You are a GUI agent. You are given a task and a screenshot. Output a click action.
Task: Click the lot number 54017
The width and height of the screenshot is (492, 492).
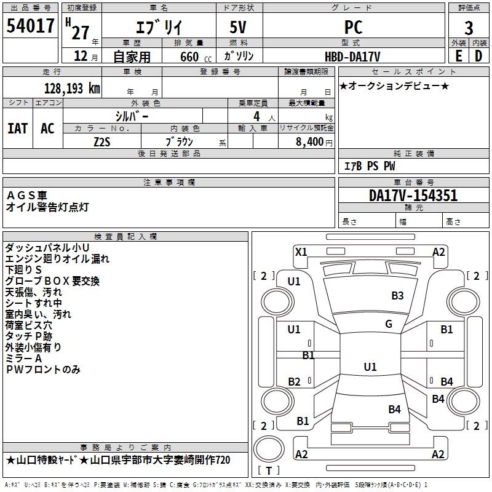coord(30,26)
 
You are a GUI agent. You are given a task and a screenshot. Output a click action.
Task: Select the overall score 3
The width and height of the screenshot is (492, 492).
coord(469,28)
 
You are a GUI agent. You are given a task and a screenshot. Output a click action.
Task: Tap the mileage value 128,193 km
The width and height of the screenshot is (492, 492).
coord(72,89)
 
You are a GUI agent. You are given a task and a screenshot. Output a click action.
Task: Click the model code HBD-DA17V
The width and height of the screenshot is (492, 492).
coord(352,57)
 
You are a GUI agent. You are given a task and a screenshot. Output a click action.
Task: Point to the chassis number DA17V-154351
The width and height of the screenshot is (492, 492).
coord(413,196)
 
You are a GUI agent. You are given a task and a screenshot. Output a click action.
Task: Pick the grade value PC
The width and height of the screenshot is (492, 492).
coord(353,27)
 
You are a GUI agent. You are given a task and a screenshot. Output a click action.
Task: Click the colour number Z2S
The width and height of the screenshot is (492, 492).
coord(102,142)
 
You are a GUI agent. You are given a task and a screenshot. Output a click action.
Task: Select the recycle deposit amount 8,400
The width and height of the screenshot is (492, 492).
coord(310,142)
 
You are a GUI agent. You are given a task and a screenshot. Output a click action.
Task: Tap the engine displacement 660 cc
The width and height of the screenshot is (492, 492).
coord(196,57)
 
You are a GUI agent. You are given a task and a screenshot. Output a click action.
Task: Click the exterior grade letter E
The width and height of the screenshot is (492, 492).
coord(458,56)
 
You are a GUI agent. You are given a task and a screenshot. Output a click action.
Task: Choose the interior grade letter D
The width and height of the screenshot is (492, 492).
coord(478,56)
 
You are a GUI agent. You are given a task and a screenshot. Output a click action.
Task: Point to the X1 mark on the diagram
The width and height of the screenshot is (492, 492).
coord(301,252)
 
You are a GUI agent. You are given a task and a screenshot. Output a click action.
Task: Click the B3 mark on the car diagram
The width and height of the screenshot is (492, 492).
coord(397,296)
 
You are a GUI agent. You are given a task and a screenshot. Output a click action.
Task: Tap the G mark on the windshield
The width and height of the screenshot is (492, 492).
coord(389,324)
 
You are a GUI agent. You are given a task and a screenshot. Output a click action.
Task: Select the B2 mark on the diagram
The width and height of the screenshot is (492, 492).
coord(294,381)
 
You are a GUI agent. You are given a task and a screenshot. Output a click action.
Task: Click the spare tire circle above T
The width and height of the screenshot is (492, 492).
coord(269,449)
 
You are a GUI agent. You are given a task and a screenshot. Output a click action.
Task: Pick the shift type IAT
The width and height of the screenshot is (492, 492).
coord(18,129)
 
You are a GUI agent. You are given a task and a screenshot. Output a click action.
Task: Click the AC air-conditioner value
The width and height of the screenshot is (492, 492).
coord(48,129)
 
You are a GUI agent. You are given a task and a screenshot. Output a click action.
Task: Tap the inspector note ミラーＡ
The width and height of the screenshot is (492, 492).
coord(23,359)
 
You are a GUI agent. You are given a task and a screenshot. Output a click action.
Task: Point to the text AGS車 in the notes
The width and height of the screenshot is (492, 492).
coord(26,196)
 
